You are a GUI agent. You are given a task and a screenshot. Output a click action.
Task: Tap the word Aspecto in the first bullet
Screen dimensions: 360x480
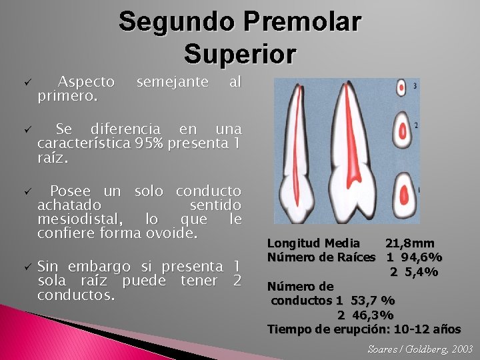point(86,82)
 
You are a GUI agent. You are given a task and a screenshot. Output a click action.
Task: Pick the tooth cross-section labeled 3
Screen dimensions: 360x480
point(402,87)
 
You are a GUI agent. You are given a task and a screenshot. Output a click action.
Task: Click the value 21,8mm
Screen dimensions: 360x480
point(409,244)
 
